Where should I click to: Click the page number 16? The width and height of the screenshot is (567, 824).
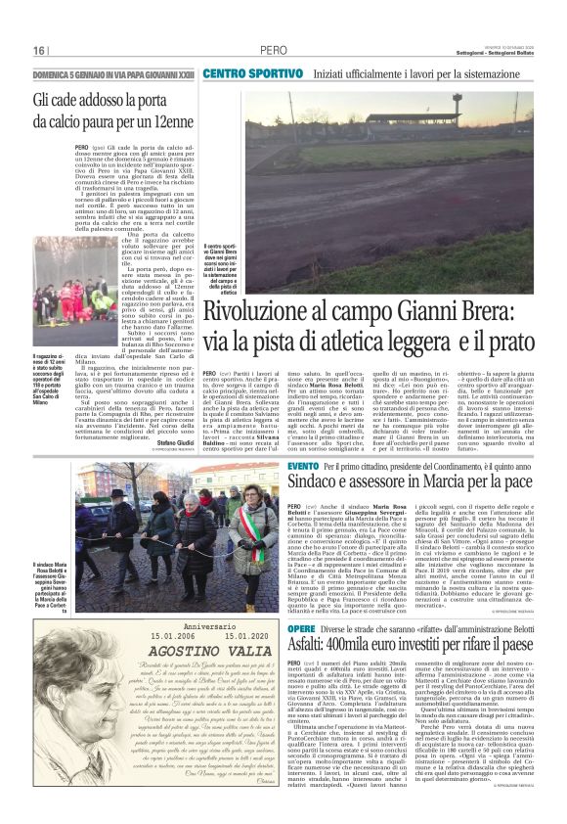coord(39,50)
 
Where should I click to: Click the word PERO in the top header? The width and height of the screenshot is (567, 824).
coord(273,50)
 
